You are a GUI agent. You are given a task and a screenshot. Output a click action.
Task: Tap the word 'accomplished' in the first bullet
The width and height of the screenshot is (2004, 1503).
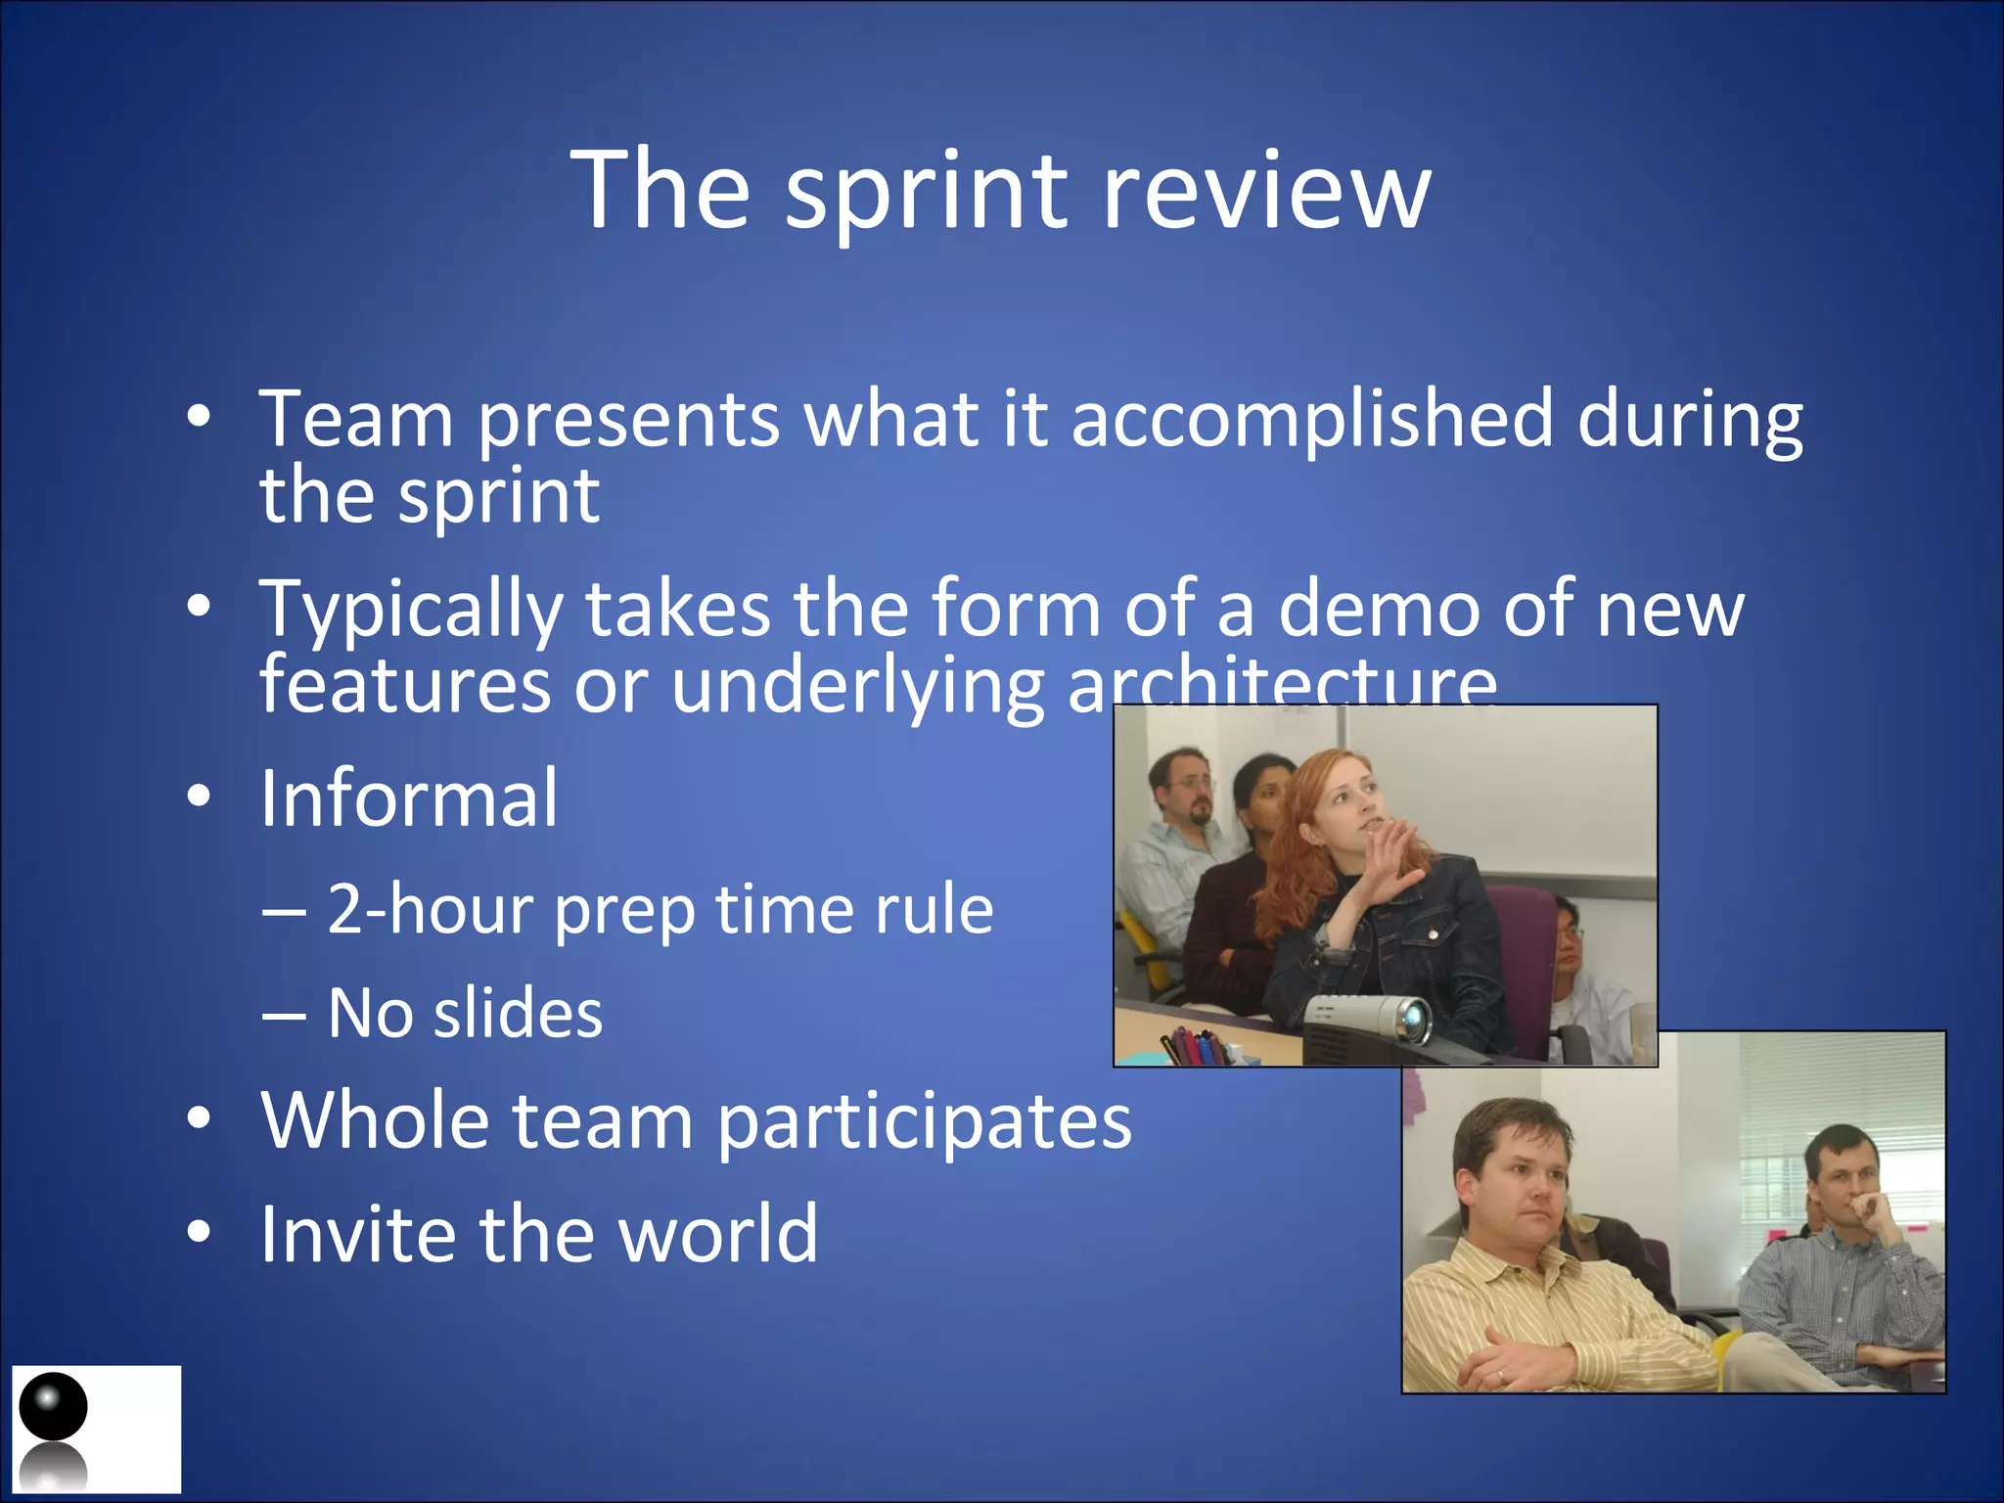click(x=1311, y=419)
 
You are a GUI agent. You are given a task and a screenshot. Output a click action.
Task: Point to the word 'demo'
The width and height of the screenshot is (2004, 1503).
click(x=1379, y=609)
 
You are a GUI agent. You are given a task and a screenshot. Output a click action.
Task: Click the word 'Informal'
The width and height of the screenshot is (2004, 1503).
click(x=409, y=798)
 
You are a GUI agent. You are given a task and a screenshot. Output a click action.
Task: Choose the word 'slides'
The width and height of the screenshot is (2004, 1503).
click(x=518, y=1014)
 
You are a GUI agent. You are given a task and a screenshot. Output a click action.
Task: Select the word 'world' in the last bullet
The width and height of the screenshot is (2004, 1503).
click(x=718, y=1234)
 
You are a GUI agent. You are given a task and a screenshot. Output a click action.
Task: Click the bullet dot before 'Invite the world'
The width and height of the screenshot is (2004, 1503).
click(x=199, y=1233)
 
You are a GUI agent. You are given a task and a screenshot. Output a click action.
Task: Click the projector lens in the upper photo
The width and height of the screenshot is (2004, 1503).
click(x=1412, y=1020)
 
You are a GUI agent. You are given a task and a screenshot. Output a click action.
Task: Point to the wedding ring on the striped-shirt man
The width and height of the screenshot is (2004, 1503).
click(x=1501, y=1375)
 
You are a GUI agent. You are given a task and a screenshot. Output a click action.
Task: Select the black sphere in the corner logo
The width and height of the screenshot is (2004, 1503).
click(x=54, y=1406)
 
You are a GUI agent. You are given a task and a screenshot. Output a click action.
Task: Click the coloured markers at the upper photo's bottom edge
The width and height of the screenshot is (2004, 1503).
click(x=1196, y=1047)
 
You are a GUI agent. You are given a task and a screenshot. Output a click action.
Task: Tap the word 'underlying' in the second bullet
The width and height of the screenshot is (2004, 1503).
click(x=857, y=686)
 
